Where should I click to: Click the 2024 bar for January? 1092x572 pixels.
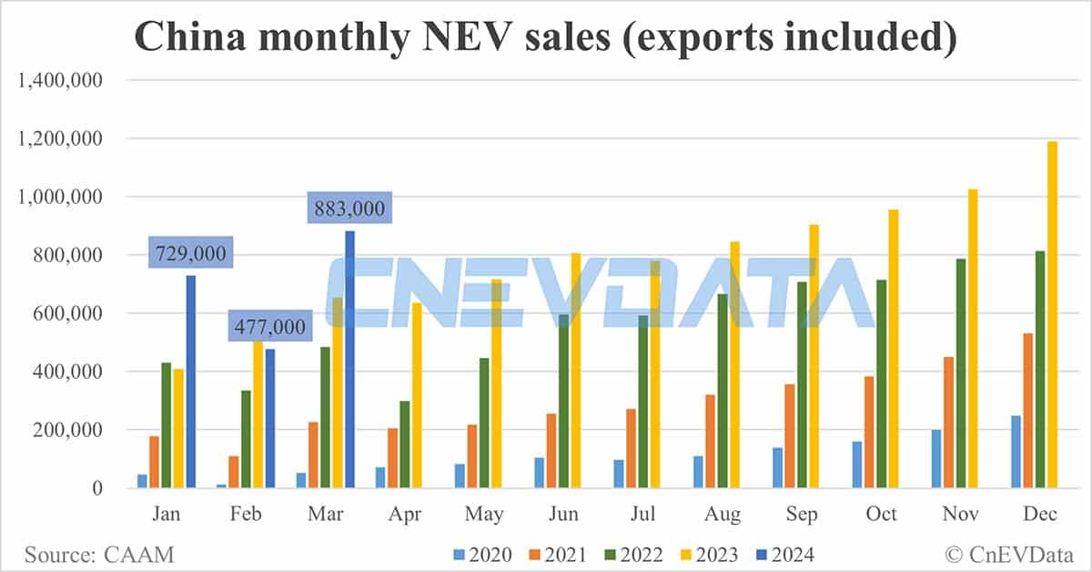[x=191, y=382]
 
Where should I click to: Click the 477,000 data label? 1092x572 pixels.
[x=269, y=325]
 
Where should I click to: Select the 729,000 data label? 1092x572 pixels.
[x=189, y=253]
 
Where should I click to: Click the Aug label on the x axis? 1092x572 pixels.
[x=723, y=515]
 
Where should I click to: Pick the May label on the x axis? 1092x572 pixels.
[x=484, y=515]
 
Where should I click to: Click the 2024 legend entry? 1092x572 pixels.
[x=786, y=554]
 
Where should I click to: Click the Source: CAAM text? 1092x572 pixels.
[x=99, y=554]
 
